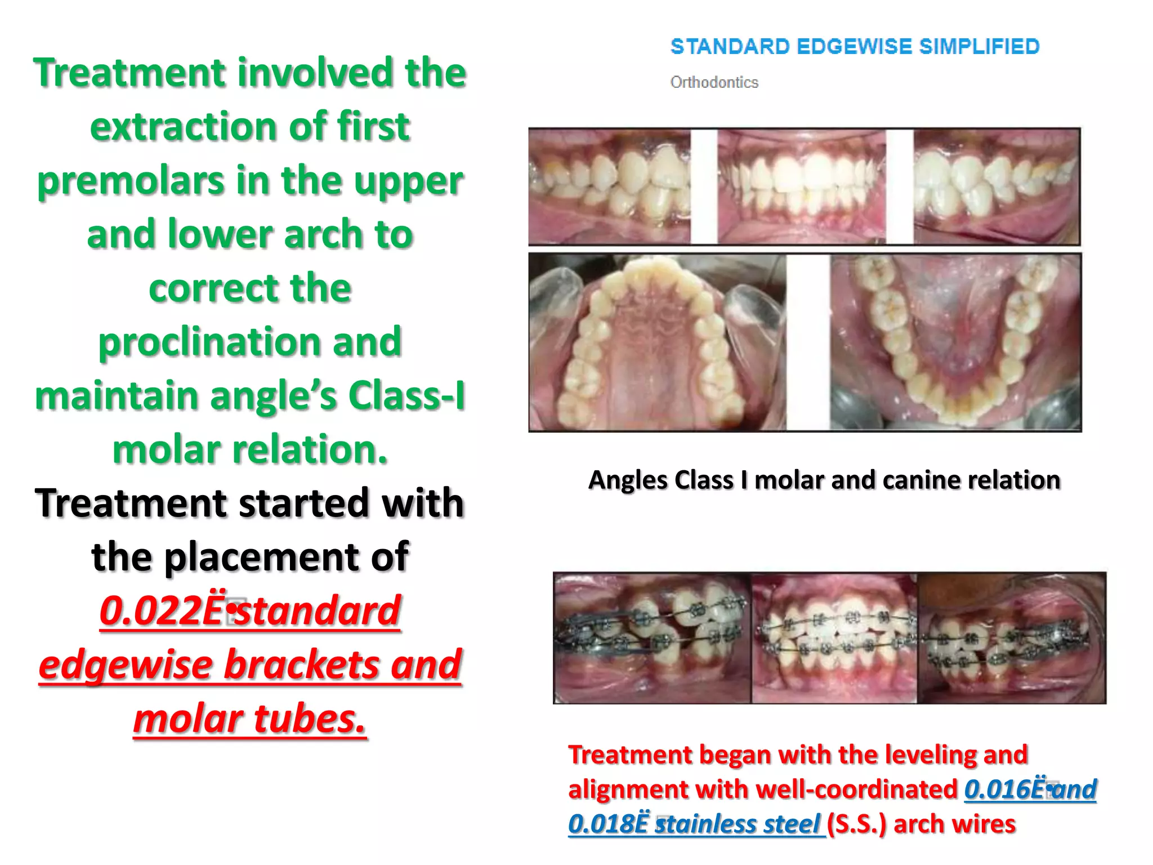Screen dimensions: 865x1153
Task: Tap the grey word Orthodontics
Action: (714, 83)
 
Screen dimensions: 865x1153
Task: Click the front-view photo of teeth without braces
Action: (802, 187)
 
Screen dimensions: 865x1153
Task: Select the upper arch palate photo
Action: (656, 342)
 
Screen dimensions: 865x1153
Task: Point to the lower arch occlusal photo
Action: (955, 342)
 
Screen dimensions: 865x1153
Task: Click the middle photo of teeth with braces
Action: (834, 638)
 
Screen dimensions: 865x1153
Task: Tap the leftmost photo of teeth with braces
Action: (652, 638)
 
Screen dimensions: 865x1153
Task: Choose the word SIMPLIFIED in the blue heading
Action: (979, 47)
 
